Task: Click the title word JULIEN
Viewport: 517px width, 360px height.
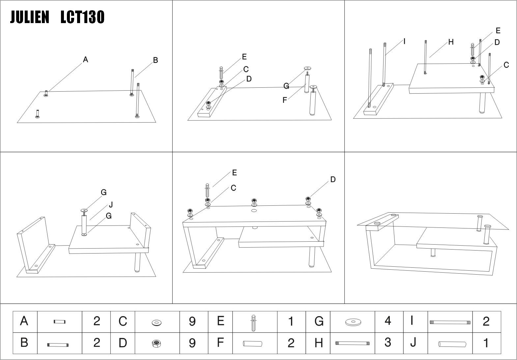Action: tap(29, 17)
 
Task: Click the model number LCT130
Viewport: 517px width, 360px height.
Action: tap(82, 17)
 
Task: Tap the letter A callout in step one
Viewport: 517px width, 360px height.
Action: tap(85, 60)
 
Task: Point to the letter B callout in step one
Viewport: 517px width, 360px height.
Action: tap(156, 60)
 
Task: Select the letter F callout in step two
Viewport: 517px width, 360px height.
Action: tap(285, 100)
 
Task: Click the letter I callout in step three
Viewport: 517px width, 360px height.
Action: tap(404, 41)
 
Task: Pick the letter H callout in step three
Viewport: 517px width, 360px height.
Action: tap(451, 42)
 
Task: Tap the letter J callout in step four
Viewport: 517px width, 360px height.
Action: tap(111, 205)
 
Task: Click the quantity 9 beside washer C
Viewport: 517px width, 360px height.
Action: tap(192, 321)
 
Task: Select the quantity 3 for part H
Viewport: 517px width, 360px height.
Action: tap(388, 343)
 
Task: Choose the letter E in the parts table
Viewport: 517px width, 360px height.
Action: tap(220, 321)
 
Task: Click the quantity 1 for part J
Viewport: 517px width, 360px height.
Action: tap(486, 343)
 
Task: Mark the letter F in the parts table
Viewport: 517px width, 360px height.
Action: tap(220, 343)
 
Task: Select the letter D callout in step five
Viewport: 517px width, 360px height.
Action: tap(333, 179)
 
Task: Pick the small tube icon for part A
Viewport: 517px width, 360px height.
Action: tap(60, 322)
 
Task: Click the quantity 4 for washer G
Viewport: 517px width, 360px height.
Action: tap(388, 321)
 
